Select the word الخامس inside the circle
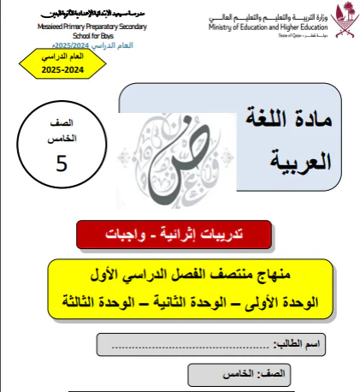pyautogui.click(x=60, y=138)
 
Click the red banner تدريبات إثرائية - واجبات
pyautogui.click(x=174, y=233)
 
